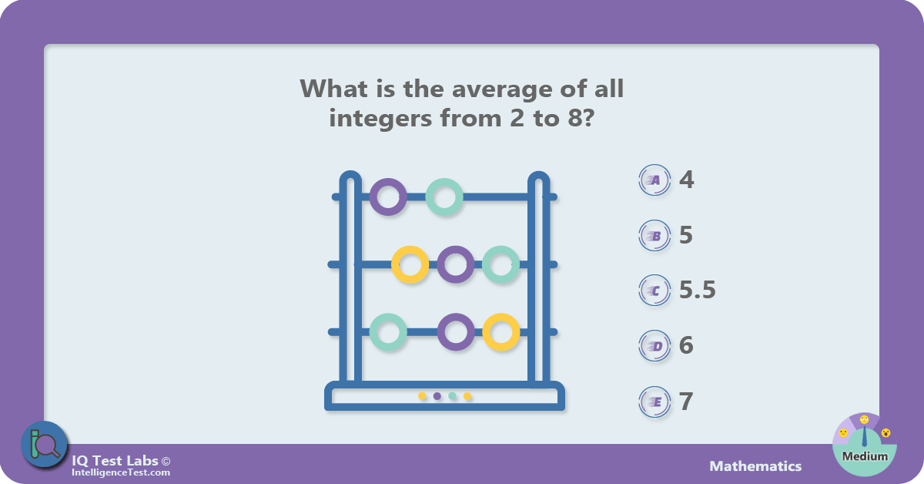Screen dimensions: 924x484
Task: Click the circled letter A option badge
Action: click(x=654, y=180)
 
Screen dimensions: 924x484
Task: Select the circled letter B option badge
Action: click(x=654, y=236)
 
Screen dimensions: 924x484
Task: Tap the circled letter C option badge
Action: click(x=654, y=291)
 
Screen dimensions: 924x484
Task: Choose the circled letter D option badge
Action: click(x=654, y=346)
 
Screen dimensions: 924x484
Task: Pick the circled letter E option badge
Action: click(x=654, y=402)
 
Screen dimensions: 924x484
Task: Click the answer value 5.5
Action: click(x=697, y=290)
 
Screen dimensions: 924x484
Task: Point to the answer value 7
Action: click(x=686, y=401)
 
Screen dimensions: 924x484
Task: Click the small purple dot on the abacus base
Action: click(x=437, y=396)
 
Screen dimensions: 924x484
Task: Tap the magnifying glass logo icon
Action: click(x=45, y=445)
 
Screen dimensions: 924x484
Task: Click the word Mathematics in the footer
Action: click(x=755, y=466)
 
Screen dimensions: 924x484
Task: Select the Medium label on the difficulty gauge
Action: click(x=865, y=456)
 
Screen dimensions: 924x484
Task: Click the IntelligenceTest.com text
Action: click(x=121, y=472)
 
